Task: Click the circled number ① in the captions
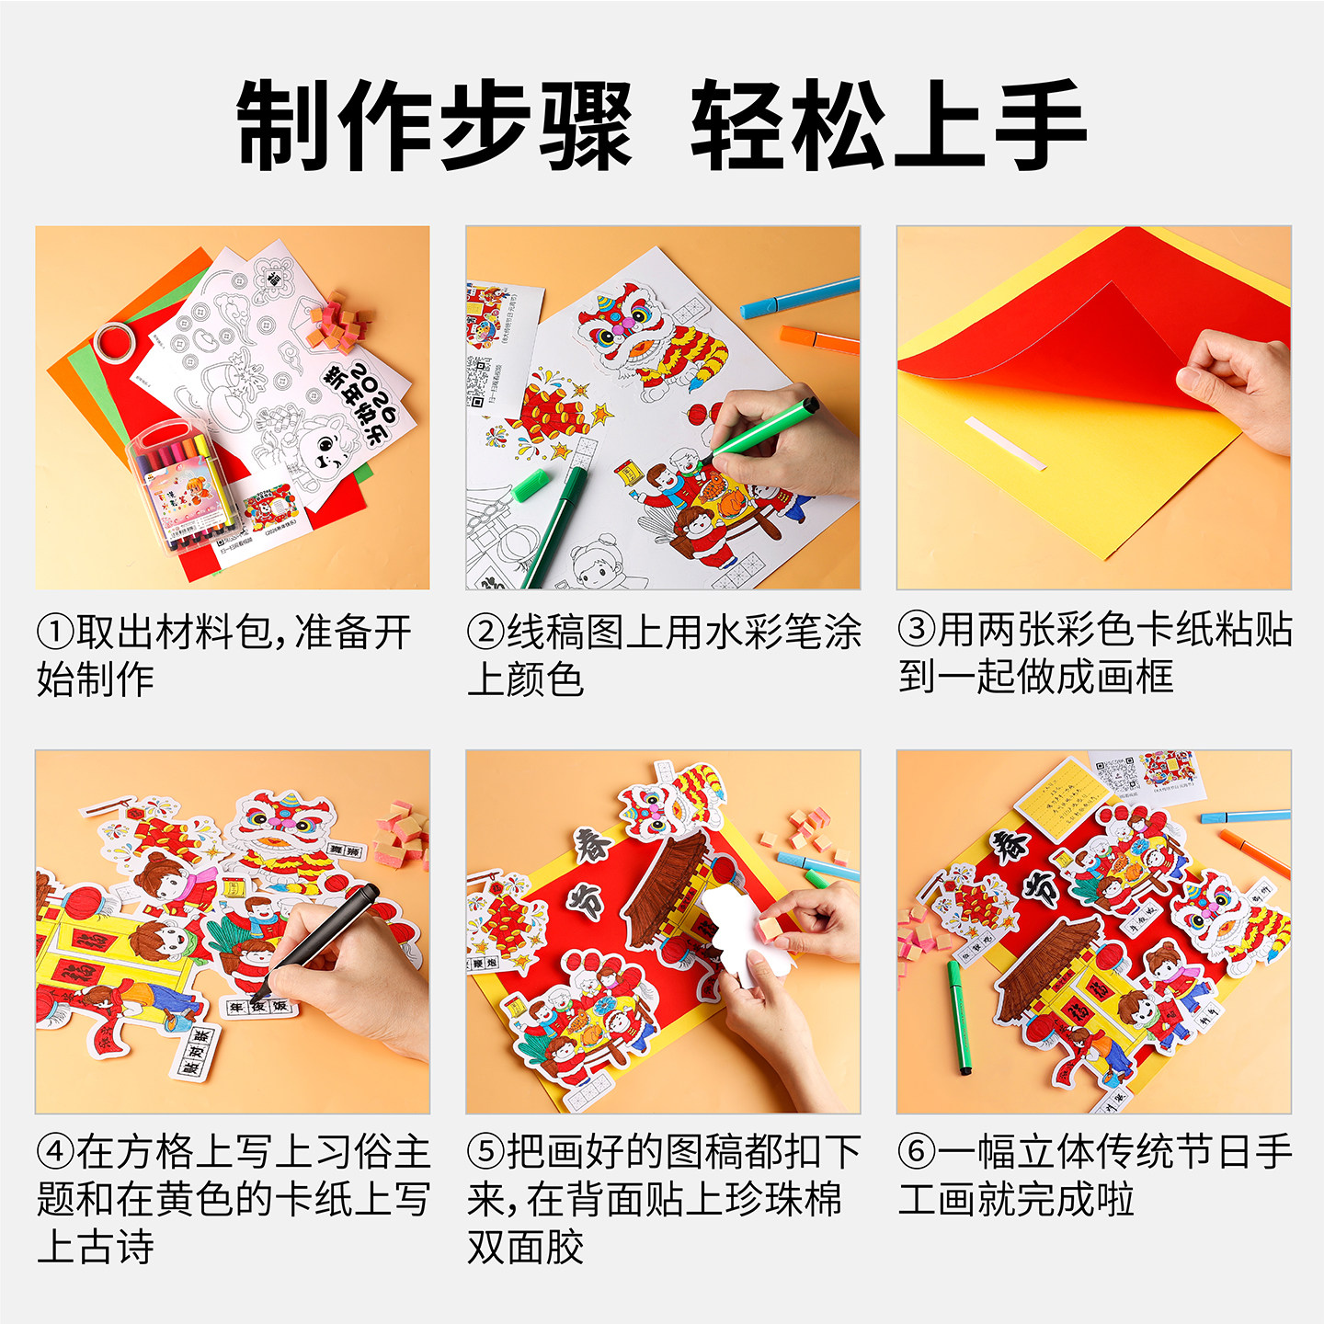(54, 632)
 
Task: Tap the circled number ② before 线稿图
(485, 632)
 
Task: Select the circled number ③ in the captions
(916, 630)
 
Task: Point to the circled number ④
(54, 1150)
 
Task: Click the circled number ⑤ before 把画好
(485, 1150)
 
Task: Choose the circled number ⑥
(916, 1150)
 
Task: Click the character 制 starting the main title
(283, 125)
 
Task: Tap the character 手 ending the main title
(1039, 125)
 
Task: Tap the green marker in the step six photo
(958, 1017)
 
